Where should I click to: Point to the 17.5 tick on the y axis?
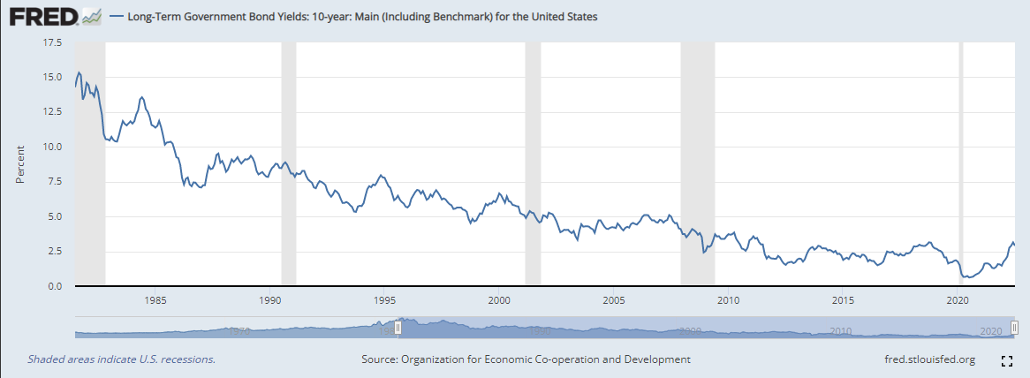click(51, 42)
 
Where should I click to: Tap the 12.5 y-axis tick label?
click(51, 111)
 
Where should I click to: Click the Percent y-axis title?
click(20, 163)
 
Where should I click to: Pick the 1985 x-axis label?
click(155, 299)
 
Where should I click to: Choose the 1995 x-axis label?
click(384, 299)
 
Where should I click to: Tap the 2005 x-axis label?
click(614, 299)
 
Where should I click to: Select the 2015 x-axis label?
click(844, 299)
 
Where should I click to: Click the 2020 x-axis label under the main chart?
click(958, 299)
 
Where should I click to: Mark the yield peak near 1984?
click(142, 97)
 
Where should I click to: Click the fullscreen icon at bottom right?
click(1005, 360)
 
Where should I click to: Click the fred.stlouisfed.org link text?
click(929, 359)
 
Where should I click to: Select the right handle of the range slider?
click(1015, 328)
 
